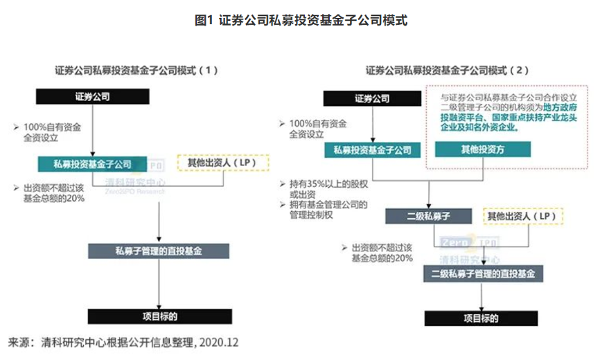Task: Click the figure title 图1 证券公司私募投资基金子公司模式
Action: tap(300, 21)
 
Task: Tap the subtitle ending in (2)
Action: tap(447, 70)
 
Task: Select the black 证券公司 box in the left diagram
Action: tap(92, 97)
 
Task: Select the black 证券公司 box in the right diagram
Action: tap(371, 99)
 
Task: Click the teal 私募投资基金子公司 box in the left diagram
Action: tap(93, 164)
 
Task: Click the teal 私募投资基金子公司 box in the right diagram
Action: tap(372, 150)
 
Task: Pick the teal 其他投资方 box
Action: tap(482, 150)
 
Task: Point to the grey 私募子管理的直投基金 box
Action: tap(159, 251)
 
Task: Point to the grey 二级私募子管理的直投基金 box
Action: tap(483, 274)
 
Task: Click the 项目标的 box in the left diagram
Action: tap(159, 316)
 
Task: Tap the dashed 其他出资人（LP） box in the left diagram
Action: tap(223, 163)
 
